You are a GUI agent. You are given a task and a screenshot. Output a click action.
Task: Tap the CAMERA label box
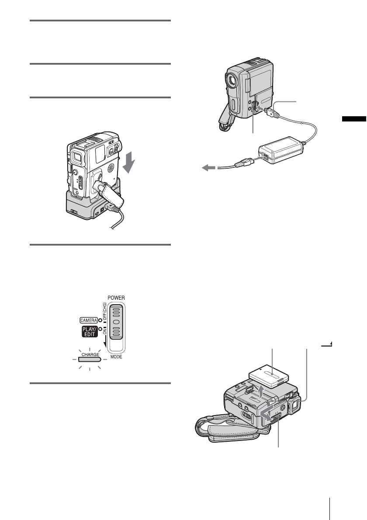tap(88, 320)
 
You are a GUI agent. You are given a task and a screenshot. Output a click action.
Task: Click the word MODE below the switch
tap(116, 357)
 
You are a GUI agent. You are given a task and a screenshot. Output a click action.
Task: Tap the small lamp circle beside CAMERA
tap(100, 320)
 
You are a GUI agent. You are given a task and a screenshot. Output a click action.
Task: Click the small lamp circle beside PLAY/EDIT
tap(100, 329)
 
